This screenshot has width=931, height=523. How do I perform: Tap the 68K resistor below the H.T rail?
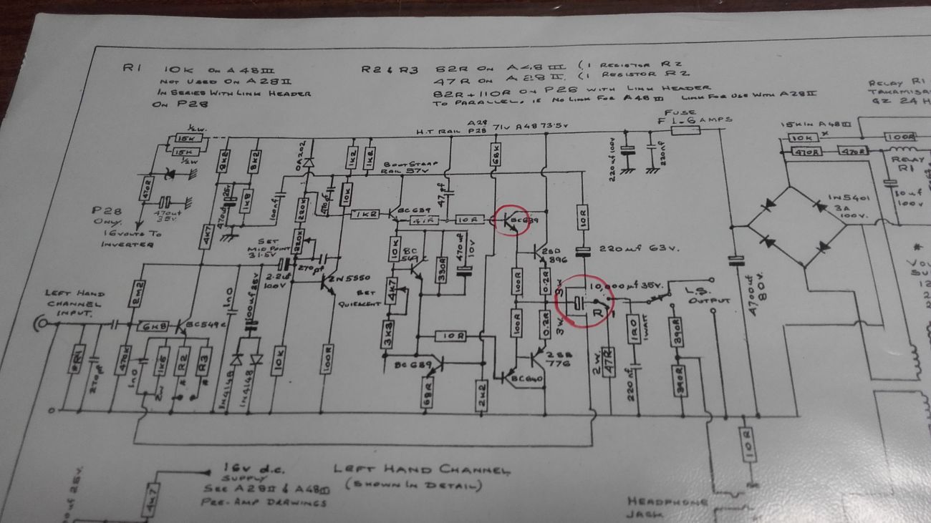click(x=495, y=153)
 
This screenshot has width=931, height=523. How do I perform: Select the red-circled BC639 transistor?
click(x=511, y=220)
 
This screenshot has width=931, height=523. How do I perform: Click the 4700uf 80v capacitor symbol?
click(x=732, y=261)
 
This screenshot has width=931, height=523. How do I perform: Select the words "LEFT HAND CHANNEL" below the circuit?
click(x=422, y=470)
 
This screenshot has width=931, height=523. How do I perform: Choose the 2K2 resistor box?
click(x=481, y=391)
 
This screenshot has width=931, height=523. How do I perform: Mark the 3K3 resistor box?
click(x=387, y=341)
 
